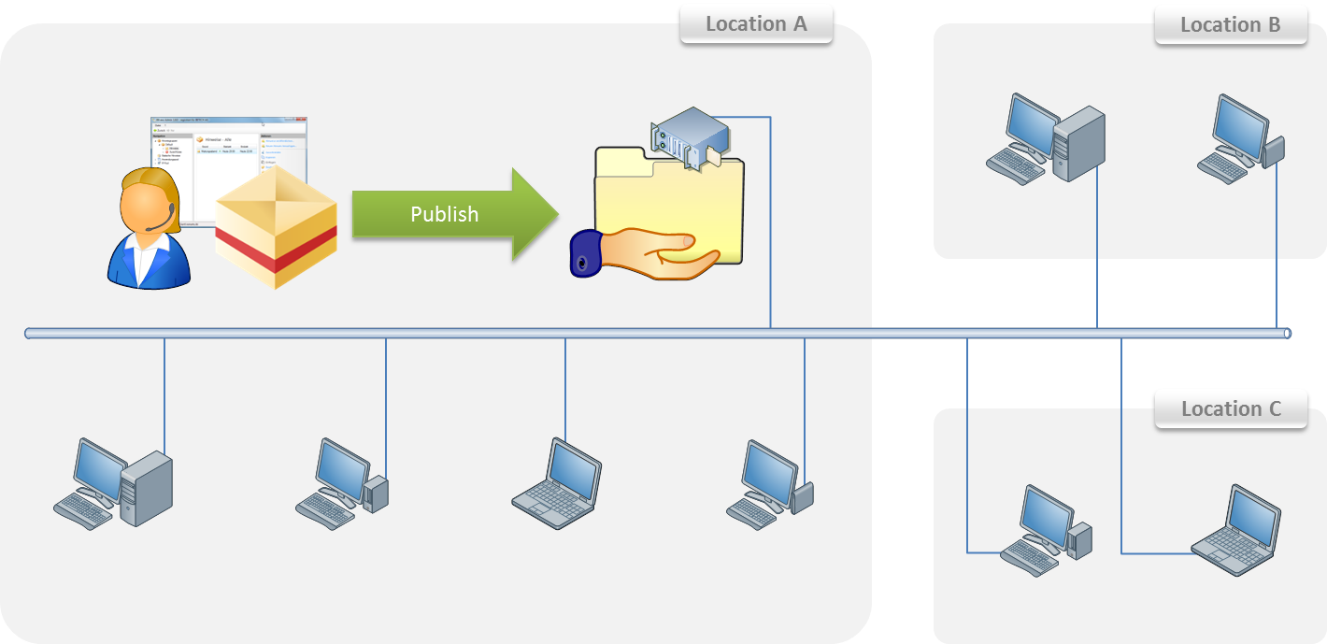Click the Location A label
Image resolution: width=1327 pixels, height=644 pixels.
pyautogui.click(x=755, y=24)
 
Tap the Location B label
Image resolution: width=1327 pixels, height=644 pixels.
pyautogui.click(x=1230, y=25)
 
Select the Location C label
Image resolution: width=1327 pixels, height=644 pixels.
pyautogui.click(x=1231, y=409)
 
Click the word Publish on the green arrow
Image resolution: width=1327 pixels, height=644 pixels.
pyautogui.click(x=444, y=214)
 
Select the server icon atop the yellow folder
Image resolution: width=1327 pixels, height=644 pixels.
pyautogui.click(x=688, y=136)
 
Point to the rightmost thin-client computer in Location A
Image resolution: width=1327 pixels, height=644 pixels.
pyautogui.click(x=770, y=479)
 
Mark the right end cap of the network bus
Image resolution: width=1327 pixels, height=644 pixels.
pyautogui.click(x=1287, y=334)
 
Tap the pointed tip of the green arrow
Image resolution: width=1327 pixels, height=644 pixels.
pyautogui.click(x=555, y=214)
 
